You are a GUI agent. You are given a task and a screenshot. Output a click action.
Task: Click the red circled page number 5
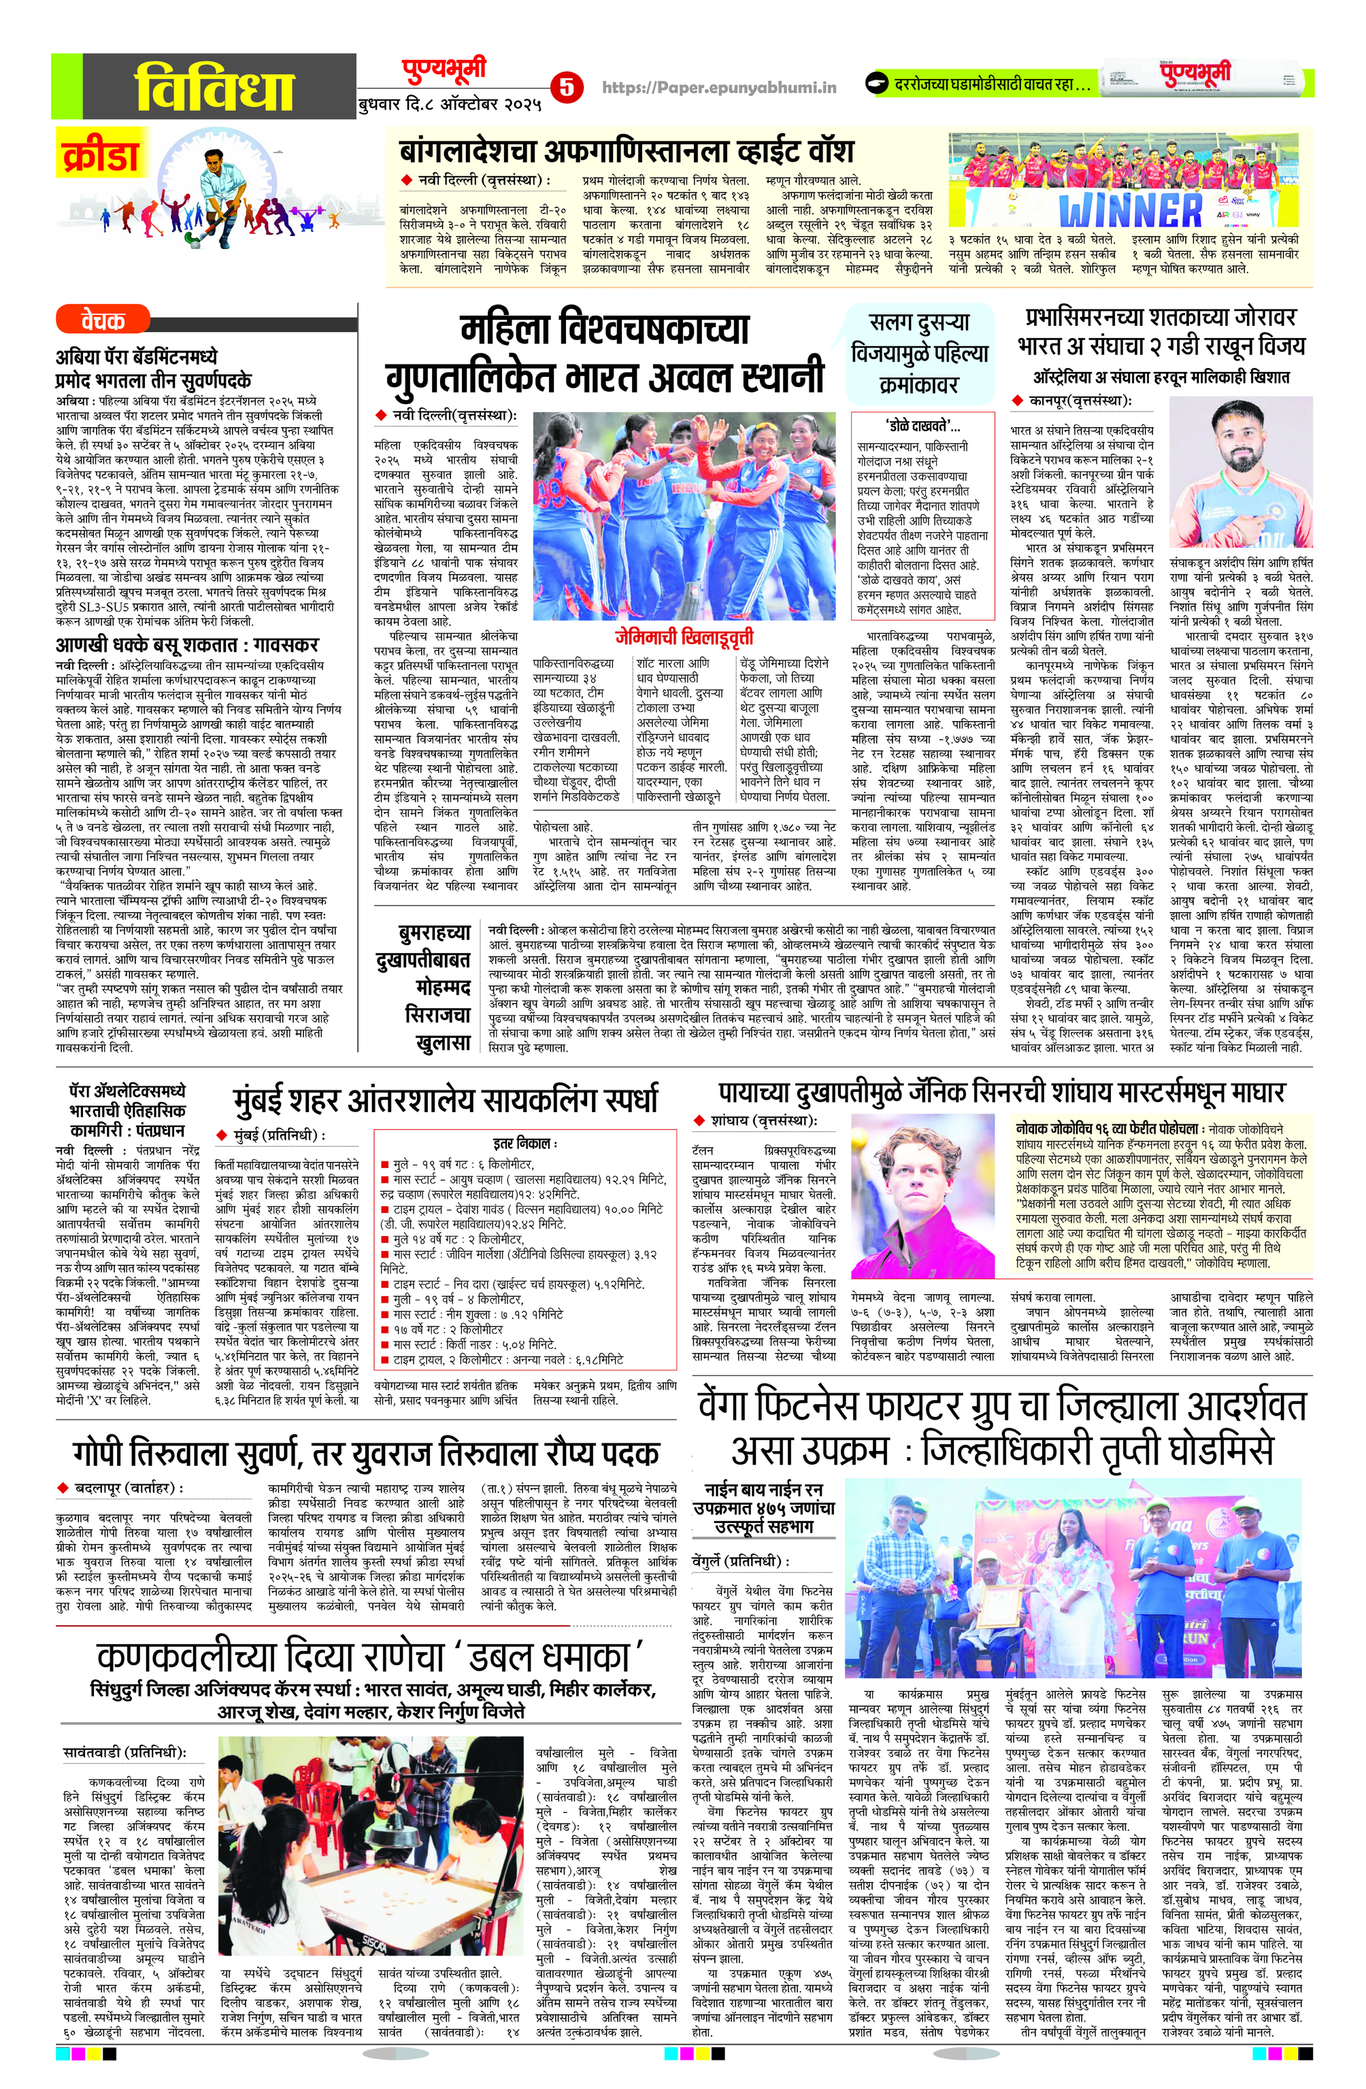[566, 86]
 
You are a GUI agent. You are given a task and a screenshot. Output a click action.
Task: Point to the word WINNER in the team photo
[1130, 212]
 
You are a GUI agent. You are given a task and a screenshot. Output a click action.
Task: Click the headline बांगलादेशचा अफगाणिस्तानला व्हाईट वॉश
[626, 150]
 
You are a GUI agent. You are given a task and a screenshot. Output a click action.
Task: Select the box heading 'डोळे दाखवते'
[922, 427]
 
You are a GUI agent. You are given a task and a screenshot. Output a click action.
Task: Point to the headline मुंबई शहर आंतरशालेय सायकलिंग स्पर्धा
[444, 1100]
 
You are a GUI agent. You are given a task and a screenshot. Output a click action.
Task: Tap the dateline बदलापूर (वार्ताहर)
[127, 1488]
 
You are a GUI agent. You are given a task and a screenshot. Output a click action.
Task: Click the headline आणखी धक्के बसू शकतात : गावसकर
[186, 645]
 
